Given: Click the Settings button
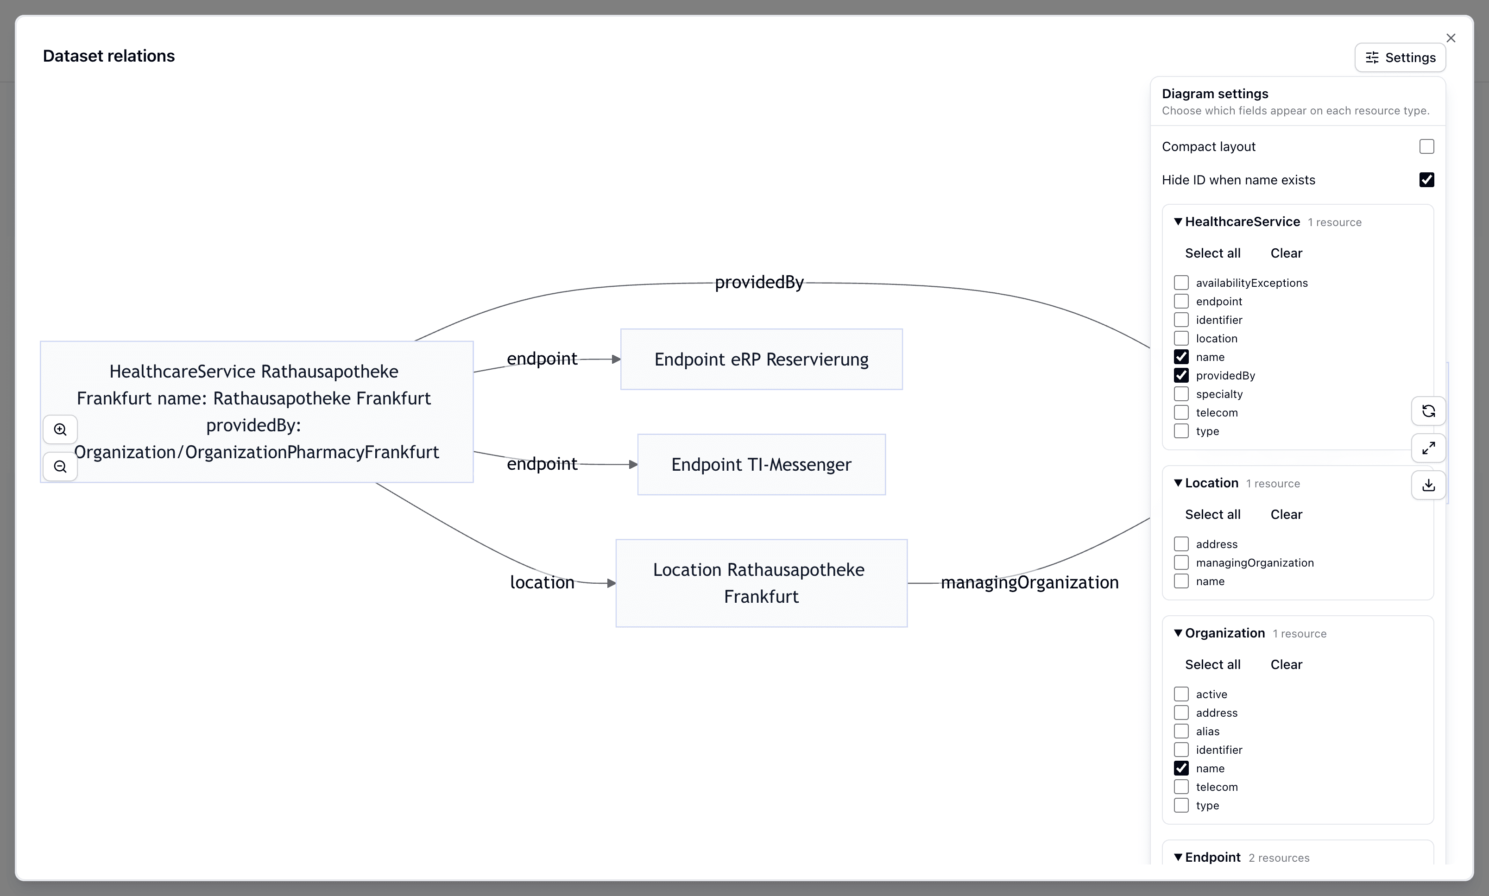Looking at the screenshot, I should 1400,57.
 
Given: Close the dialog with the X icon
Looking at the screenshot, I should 1451,38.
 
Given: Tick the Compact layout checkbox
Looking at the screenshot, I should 1426,147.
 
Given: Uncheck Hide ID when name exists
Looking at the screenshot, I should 1426,180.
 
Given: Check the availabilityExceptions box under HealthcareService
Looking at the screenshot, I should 1181,283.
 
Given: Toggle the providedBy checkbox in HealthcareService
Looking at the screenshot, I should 1181,376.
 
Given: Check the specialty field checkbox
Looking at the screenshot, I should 1181,394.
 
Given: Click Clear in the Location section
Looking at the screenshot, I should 1286,514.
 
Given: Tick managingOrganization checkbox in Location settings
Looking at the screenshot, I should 1181,563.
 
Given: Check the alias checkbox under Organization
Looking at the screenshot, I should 1181,731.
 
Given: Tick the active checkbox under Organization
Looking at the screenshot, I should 1181,694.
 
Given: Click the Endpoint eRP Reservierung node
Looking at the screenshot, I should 761,359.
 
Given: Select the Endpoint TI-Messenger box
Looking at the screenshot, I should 761,464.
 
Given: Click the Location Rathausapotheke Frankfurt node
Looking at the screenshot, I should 761,583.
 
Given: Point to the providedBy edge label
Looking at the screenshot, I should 759,282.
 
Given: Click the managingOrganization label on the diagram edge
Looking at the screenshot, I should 1029,582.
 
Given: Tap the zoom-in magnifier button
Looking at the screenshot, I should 60,429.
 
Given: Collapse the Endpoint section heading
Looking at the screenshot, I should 1212,858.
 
